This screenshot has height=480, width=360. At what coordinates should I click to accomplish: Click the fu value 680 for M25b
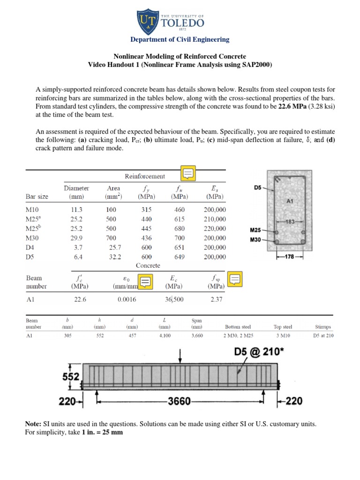180,229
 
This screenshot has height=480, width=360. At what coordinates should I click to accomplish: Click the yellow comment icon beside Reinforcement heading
189,174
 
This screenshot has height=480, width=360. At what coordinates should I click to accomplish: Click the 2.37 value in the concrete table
217,300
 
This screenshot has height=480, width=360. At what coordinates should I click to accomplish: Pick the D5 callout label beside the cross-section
258,187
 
